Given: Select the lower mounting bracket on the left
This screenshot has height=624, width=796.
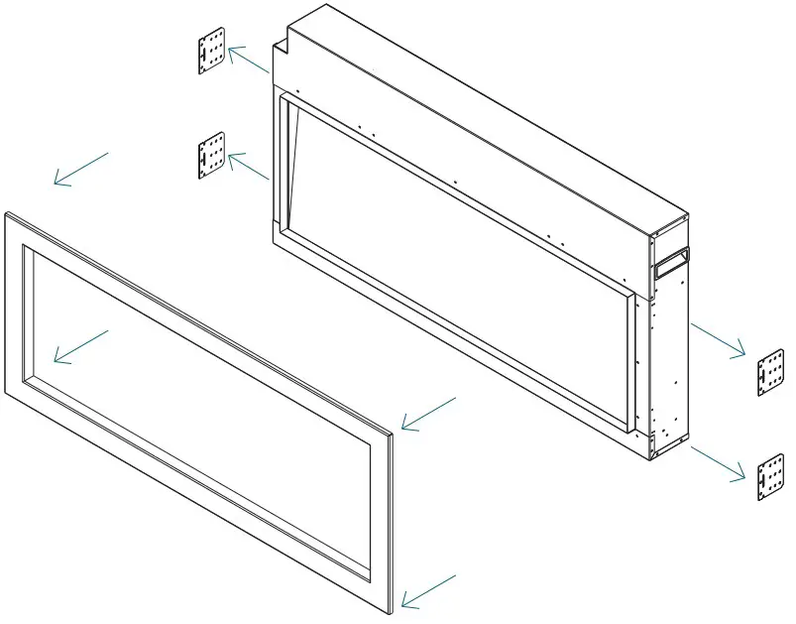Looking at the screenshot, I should click(x=211, y=157).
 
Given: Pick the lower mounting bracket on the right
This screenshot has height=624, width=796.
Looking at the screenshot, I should click(x=770, y=477).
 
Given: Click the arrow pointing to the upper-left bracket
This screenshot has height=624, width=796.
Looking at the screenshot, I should click(x=248, y=61).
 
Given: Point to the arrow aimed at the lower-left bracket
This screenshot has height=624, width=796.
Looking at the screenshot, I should click(x=248, y=166).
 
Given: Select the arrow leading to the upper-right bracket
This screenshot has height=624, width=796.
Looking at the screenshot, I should click(x=718, y=338).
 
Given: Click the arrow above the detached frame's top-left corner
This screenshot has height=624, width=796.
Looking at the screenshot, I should click(x=80, y=169).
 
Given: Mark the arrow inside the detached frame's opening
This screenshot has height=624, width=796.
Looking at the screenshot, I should click(x=80, y=345).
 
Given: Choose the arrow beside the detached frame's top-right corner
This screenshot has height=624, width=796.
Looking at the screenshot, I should click(x=428, y=414).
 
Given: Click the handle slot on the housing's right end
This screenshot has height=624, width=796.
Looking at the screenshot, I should click(x=670, y=261).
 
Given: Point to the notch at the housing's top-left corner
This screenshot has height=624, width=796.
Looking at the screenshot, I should click(x=282, y=43).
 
